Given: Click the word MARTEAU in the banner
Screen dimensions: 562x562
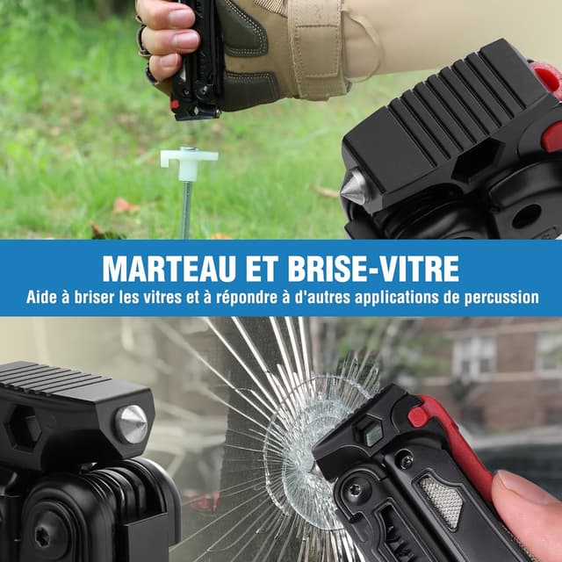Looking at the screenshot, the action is point(169,269).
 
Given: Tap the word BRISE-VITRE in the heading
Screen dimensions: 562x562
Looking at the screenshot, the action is point(373,269).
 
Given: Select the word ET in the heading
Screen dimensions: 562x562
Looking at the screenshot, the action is point(262,269).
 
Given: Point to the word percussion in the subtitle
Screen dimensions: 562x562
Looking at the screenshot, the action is point(501,299).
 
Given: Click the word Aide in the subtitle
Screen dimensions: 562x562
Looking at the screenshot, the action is point(41,298).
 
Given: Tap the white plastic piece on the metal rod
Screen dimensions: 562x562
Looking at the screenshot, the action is point(189,162).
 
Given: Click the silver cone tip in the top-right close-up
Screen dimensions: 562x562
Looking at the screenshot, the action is point(352,187).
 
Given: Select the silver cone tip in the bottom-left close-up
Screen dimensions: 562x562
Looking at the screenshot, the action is point(132,424).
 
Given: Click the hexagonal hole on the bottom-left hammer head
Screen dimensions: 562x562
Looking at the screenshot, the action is point(22,432).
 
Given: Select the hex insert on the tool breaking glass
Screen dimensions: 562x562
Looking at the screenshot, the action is point(371,433).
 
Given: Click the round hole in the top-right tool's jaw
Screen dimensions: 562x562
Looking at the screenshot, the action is point(526,216).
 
